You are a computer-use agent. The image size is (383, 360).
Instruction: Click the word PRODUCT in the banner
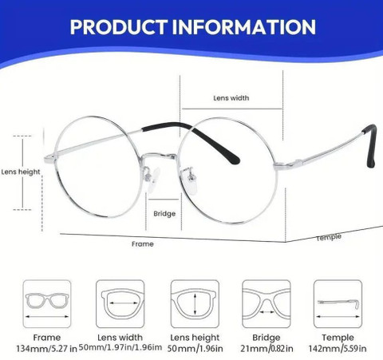point(119,27)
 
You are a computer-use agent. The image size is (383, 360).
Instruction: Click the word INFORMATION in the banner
point(244,27)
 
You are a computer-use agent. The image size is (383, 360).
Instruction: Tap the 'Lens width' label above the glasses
point(231,98)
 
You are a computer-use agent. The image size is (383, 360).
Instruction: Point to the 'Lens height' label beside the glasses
point(21,172)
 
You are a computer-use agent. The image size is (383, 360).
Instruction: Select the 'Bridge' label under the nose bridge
point(164,214)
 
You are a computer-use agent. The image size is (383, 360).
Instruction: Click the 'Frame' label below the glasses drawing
point(143,244)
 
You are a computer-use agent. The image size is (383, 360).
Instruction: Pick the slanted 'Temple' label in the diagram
point(329,237)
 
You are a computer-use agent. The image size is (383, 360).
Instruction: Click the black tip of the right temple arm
point(371,146)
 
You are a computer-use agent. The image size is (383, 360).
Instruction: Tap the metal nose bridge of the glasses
point(159,156)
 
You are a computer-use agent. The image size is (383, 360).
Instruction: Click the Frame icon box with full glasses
point(47,304)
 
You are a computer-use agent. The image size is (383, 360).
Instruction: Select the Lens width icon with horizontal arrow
point(120,304)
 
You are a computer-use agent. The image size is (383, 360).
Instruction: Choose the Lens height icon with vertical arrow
point(195,304)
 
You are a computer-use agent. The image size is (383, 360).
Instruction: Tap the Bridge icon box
point(267,304)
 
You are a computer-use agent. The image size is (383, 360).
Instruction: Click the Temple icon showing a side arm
point(338,304)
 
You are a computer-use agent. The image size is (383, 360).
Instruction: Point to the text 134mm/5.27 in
point(46,349)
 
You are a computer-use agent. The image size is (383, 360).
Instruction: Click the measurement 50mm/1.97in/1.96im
point(120,347)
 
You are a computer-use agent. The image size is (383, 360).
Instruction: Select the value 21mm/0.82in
point(267,348)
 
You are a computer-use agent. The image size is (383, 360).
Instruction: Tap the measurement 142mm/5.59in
point(338,348)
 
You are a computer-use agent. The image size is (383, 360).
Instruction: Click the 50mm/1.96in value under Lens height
point(195,349)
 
